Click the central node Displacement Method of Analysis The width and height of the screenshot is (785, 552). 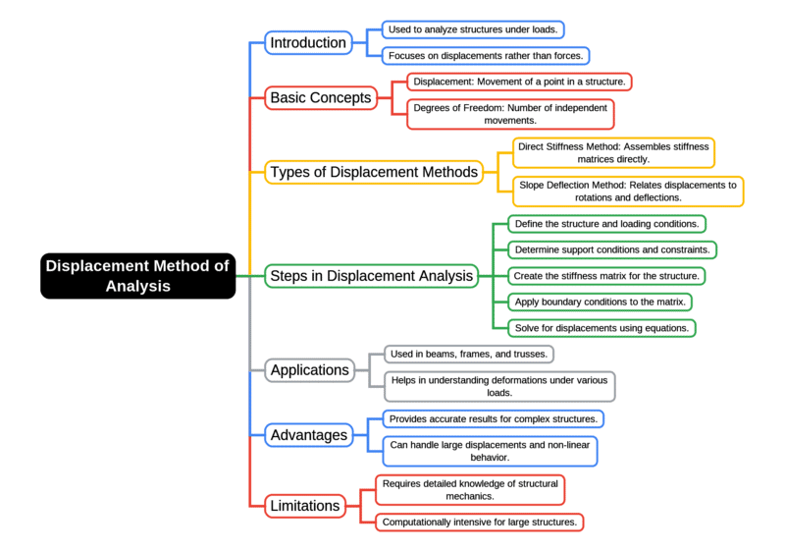137,276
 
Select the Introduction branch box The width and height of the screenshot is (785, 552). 308,42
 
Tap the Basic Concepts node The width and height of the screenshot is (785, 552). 321,97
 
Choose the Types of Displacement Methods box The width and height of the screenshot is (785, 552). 373,172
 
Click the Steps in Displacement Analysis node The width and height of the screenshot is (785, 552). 371,276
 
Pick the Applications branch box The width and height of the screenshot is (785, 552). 310,370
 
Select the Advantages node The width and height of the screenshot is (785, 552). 308,434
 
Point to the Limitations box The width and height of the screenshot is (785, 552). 304,506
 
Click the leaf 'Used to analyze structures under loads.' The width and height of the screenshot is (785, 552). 473,29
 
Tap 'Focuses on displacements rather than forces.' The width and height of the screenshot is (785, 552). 485,56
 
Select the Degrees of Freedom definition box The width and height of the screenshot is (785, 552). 510,113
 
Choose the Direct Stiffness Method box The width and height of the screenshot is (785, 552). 613,152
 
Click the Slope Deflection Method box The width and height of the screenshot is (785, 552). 628,191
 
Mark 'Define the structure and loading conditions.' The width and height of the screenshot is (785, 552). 605,224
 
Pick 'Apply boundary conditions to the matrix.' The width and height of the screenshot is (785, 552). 600,302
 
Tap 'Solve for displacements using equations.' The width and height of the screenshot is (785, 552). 602,327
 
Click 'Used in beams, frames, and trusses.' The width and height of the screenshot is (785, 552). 468,353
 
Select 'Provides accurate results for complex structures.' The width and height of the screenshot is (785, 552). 493,418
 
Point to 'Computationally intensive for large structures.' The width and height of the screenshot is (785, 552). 479,522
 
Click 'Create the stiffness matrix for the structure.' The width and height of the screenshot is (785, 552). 605,275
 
